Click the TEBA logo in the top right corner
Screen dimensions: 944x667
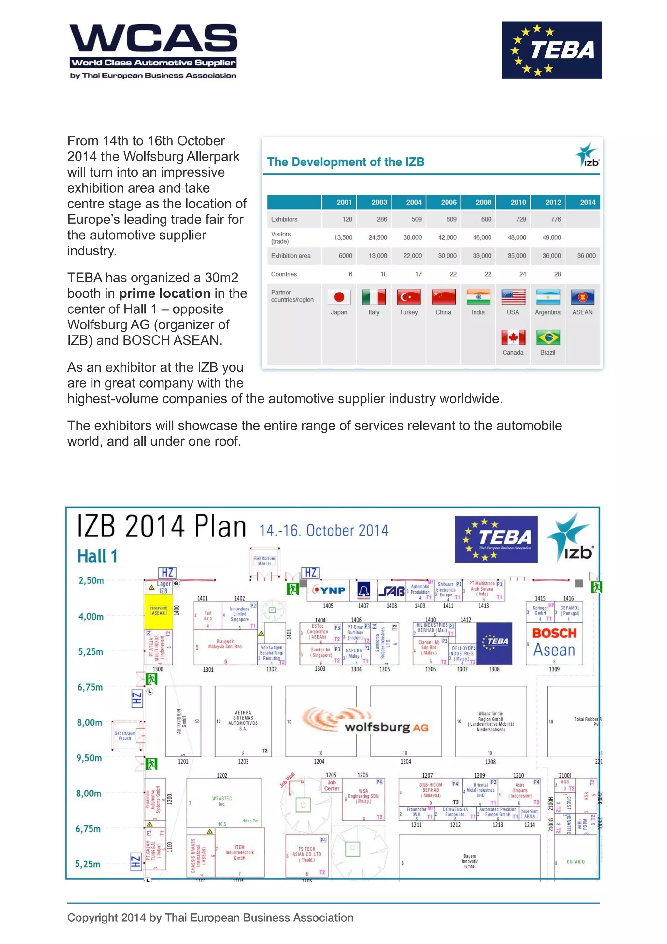[x=551, y=50]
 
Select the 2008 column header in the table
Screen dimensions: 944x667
[x=483, y=202]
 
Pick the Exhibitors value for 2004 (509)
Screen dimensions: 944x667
[x=416, y=219]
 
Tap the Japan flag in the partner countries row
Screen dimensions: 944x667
[x=339, y=297]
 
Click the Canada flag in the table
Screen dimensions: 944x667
[x=513, y=337]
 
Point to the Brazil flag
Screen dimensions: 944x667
[x=548, y=337]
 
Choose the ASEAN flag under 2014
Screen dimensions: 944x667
[x=582, y=297]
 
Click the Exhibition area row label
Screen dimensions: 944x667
[x=291, y=256]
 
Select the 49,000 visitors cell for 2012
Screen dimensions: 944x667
[x=551, y=237]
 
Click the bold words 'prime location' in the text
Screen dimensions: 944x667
[x=164, y=293]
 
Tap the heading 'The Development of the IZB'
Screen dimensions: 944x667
[x=346, y=162]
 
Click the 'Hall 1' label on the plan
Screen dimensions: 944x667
[x=97, y=556]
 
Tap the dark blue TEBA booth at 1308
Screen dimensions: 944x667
[x=494, y=643]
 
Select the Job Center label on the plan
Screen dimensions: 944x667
[x=332, y=785]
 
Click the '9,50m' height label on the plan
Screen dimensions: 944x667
[x=89, y=758]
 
